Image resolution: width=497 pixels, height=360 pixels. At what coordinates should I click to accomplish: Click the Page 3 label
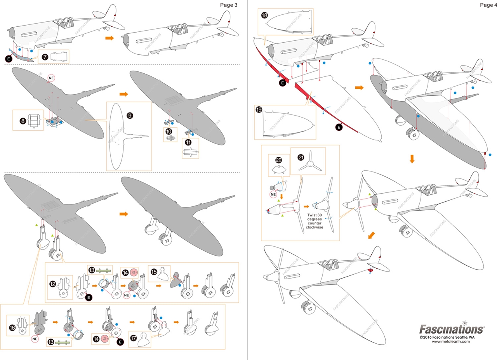click(228, 5)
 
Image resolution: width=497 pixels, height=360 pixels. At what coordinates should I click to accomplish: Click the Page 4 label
click(488, 5)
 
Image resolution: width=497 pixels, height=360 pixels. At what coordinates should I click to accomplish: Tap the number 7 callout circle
click(45, 57)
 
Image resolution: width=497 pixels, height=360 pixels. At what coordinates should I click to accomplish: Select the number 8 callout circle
click(23, 121)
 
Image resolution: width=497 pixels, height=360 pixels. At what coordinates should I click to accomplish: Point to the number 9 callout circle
click(130, 116)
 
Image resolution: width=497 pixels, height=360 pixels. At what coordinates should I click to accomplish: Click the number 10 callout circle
click(169, 132)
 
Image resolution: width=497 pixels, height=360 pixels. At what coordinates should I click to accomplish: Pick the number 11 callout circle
click(188, 143)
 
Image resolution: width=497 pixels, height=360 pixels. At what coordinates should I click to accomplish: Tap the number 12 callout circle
click(52, 284)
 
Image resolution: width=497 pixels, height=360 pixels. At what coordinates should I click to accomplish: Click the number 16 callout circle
click(12, 328)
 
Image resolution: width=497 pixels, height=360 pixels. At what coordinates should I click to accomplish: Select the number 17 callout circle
click(134, 337)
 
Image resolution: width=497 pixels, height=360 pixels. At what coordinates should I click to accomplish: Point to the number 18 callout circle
click(264, 16)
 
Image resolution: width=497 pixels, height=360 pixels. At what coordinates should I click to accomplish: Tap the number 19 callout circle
click(259, 110)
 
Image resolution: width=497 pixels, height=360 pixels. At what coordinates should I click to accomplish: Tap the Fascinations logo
click(452, 329)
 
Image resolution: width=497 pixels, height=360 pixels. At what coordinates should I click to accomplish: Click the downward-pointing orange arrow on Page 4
click(412, 159)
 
